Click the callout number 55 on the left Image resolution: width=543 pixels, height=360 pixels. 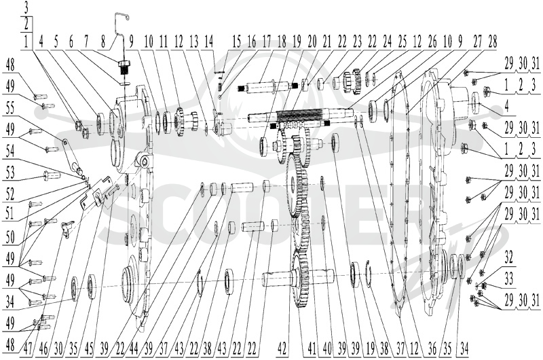point(10,109)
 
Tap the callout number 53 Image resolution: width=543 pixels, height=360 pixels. point(10,172)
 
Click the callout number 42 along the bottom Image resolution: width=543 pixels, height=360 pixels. point(282,348)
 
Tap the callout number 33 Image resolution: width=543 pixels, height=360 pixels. point(508,279)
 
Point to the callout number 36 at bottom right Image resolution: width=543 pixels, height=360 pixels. point(432,348)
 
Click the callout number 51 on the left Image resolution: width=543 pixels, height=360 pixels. point(10,213)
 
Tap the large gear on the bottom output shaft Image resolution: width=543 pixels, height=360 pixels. point(301,279)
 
